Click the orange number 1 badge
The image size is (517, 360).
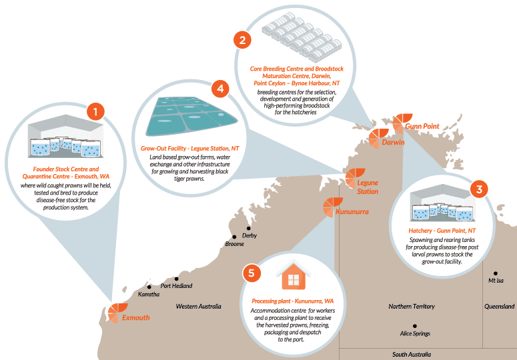95,111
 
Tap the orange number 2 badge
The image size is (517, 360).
242,40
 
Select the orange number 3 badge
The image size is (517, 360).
479,189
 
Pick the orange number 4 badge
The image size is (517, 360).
220,89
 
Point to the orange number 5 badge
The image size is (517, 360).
251,273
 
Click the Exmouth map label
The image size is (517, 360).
136,317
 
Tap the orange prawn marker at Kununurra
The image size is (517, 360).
332,207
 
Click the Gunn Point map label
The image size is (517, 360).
422,126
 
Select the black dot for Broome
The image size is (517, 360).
234,237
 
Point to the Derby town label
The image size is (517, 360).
249,235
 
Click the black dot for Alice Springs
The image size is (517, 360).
415,326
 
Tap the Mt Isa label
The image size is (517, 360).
496,281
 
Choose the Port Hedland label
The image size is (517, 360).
176,286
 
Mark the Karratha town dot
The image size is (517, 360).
149,287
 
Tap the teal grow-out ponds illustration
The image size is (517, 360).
191,116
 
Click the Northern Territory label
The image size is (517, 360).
412,306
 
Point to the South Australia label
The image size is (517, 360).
412,355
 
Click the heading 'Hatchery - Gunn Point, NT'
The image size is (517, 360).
442,231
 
